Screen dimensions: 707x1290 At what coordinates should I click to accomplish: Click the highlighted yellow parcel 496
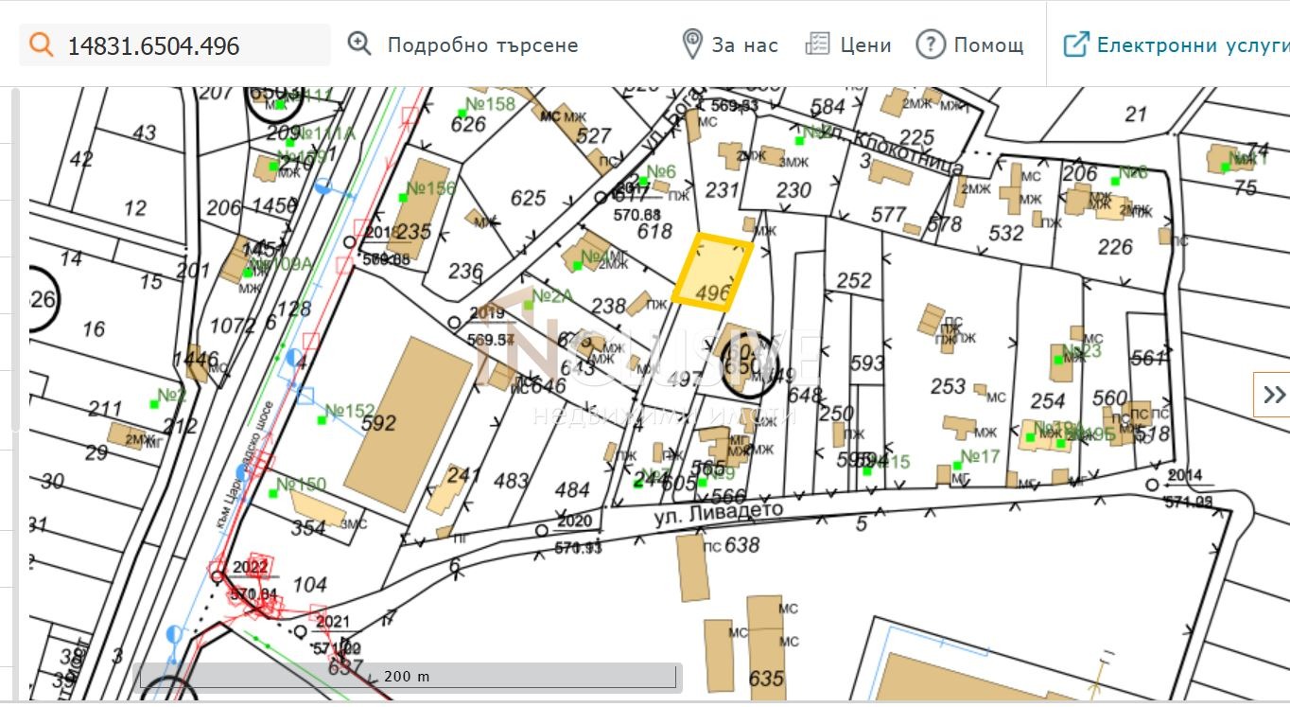tap(714, 272)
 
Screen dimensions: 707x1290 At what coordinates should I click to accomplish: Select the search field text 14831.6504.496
tap(153, 45)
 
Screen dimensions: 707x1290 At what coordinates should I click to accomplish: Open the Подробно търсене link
tap(482, 45)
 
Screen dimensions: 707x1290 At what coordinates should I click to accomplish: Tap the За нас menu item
tap(744, 45)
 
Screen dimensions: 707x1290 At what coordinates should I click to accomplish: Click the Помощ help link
tap(988, 45)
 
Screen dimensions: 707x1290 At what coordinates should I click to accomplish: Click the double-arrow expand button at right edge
tap(1273, 395)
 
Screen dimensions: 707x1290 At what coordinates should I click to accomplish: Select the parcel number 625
tap(528, 198)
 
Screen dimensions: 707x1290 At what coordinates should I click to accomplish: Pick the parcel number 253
tap(948, 386)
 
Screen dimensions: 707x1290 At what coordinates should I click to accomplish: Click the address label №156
tap(430, 187)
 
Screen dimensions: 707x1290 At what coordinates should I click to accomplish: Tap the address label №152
tap(349, 412)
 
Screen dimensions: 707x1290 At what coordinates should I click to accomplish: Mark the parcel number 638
tap(742, 545)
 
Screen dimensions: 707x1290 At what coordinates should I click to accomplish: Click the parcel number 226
tap(1115, 247)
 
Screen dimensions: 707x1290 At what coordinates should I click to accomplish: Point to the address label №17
tap(980, 457)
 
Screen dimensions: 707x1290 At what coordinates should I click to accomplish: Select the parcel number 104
tap(310, 585)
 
